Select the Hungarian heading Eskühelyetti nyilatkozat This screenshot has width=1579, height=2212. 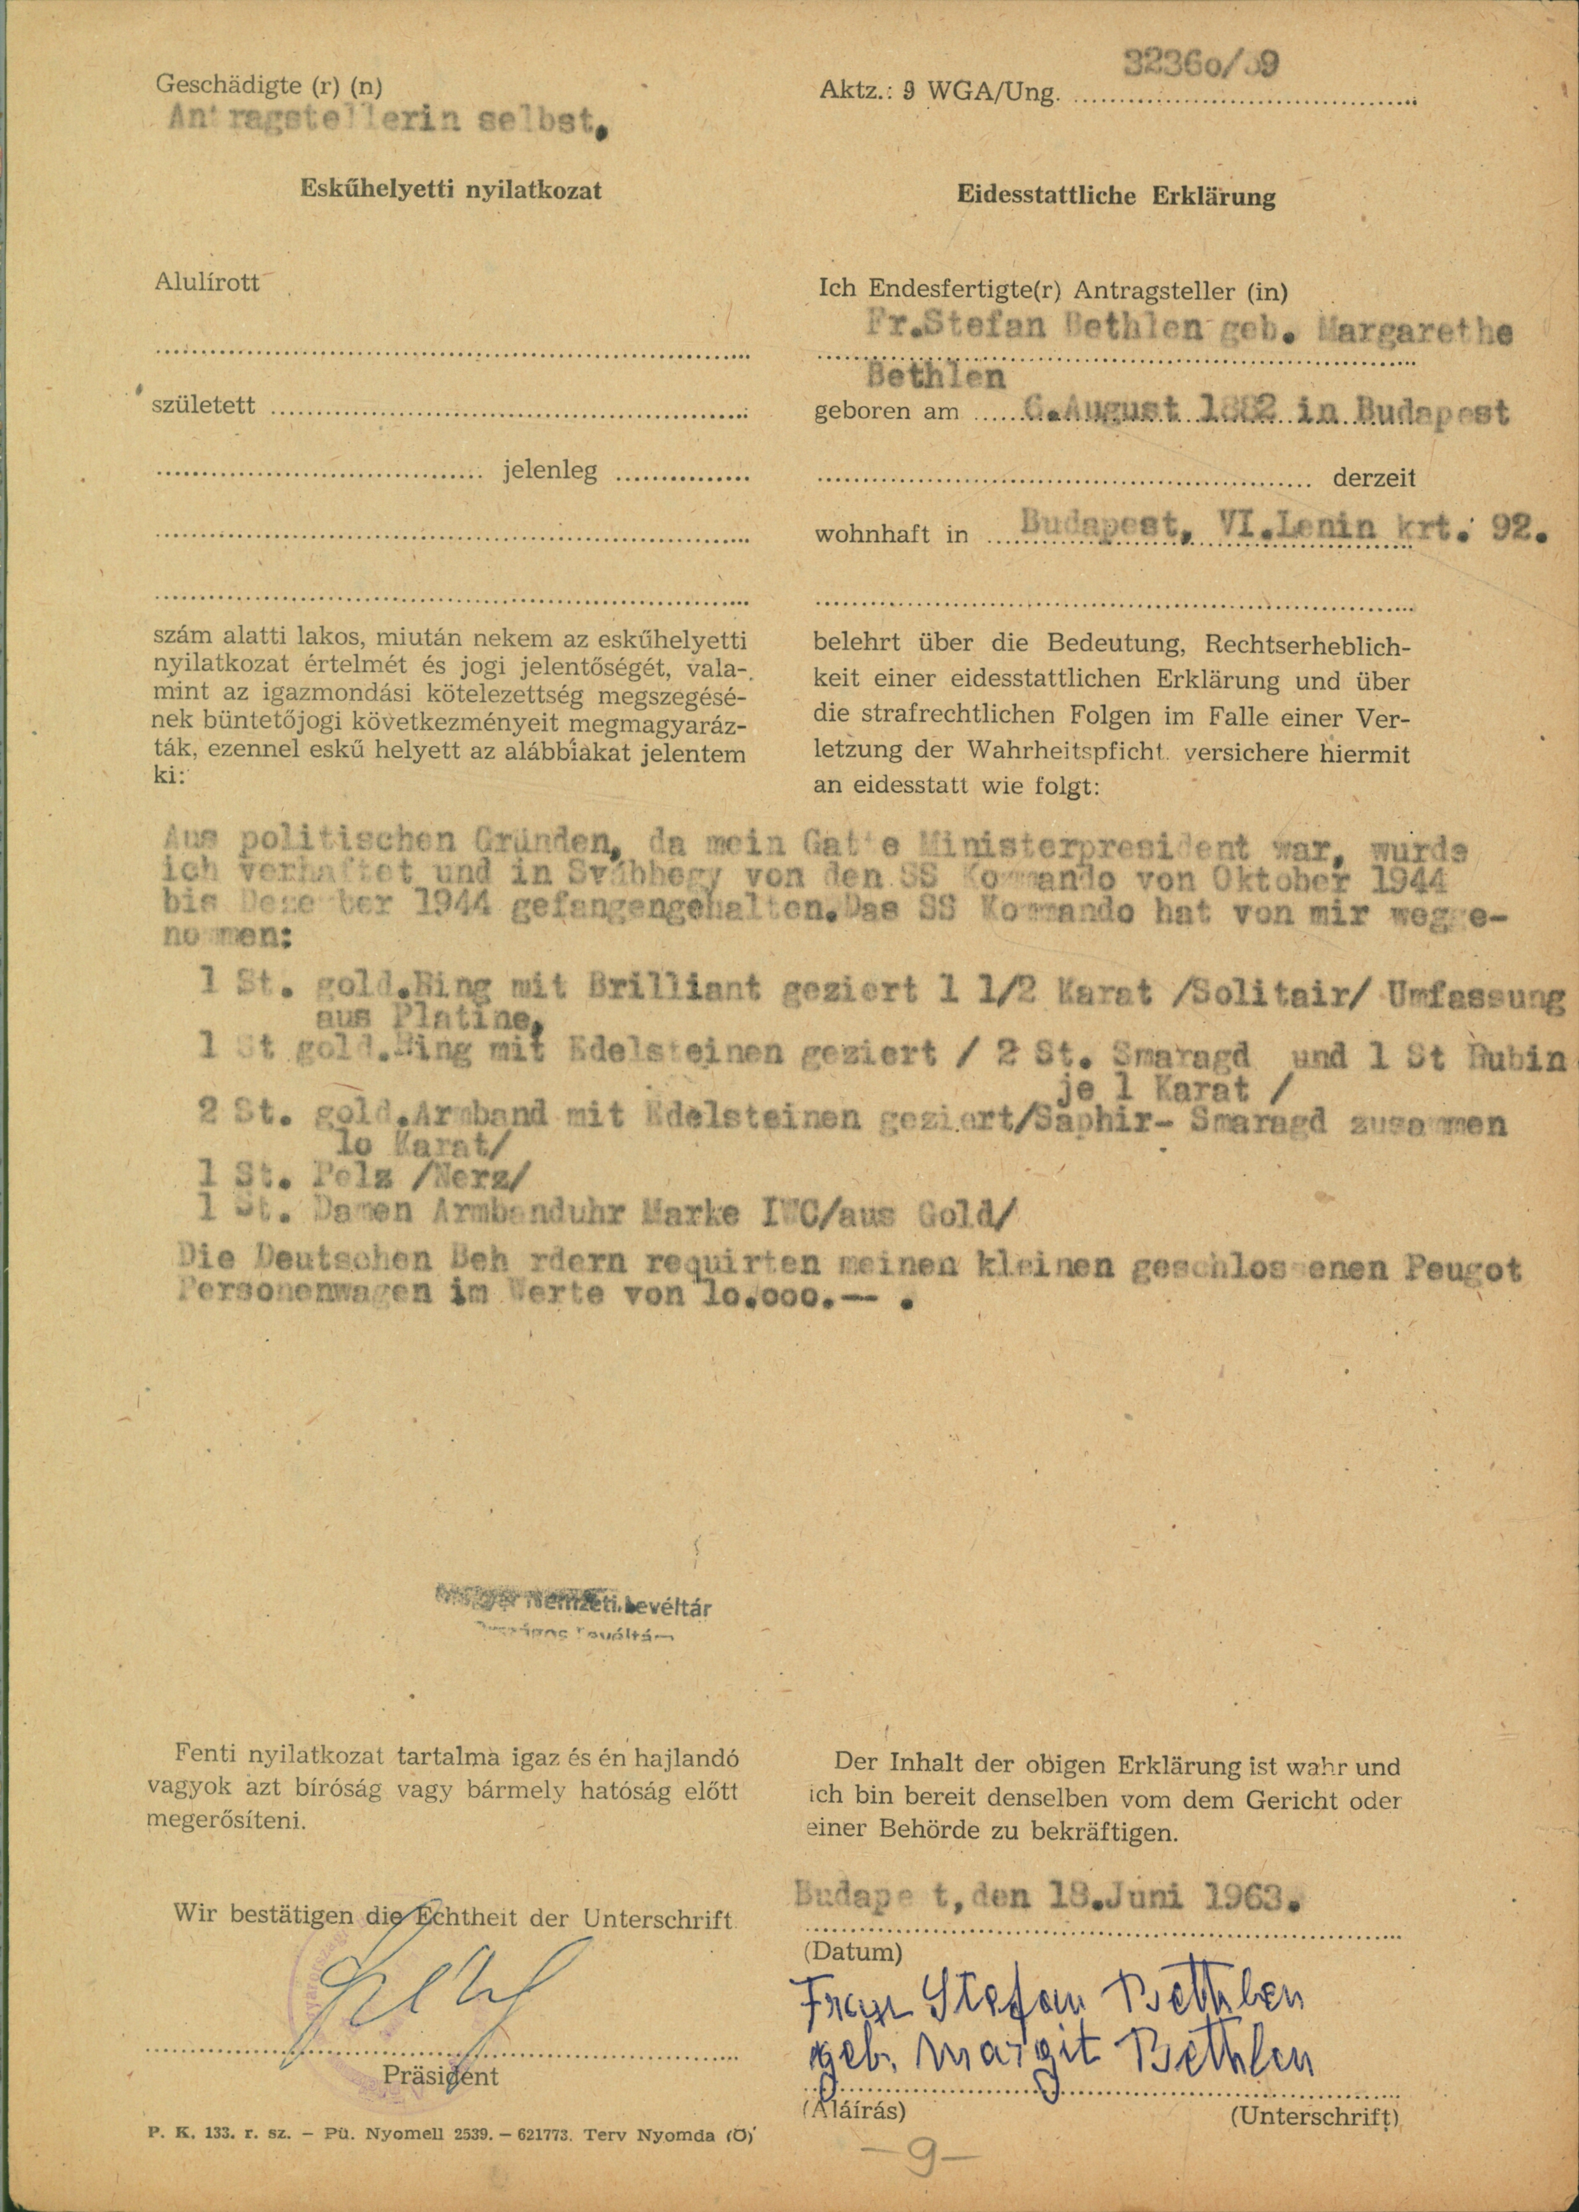(450, 189)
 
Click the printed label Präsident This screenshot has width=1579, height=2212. (440, 2076)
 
